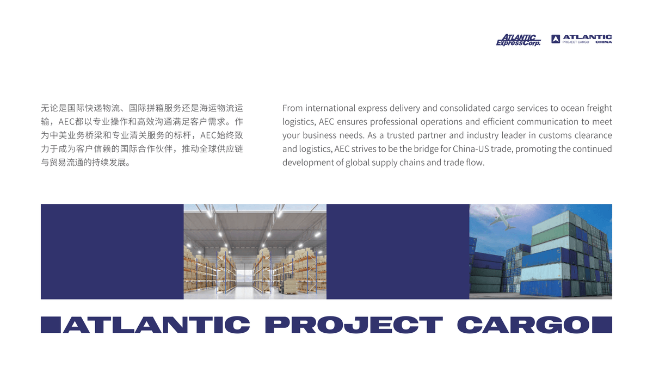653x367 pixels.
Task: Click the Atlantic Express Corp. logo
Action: coord(518,40)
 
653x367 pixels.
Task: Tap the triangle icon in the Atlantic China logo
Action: coord(556,39)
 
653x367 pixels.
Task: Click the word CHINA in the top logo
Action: coord(603,42)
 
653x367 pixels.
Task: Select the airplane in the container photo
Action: coord(503,219)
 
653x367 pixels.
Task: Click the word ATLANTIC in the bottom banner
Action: coord(157,325)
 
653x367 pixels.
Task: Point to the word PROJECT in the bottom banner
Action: coord(354,325)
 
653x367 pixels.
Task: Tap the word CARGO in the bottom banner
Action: coord(523,325)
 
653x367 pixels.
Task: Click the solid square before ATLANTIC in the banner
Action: coord(51,325)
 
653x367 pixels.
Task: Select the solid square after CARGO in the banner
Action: coord(602,325)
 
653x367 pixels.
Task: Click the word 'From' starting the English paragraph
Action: coord(292,108)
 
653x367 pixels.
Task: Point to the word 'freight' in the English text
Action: coord(599,108)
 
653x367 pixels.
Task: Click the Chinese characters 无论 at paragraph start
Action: coord(50,108)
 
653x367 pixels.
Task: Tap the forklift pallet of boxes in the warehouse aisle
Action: coord(291,287)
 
